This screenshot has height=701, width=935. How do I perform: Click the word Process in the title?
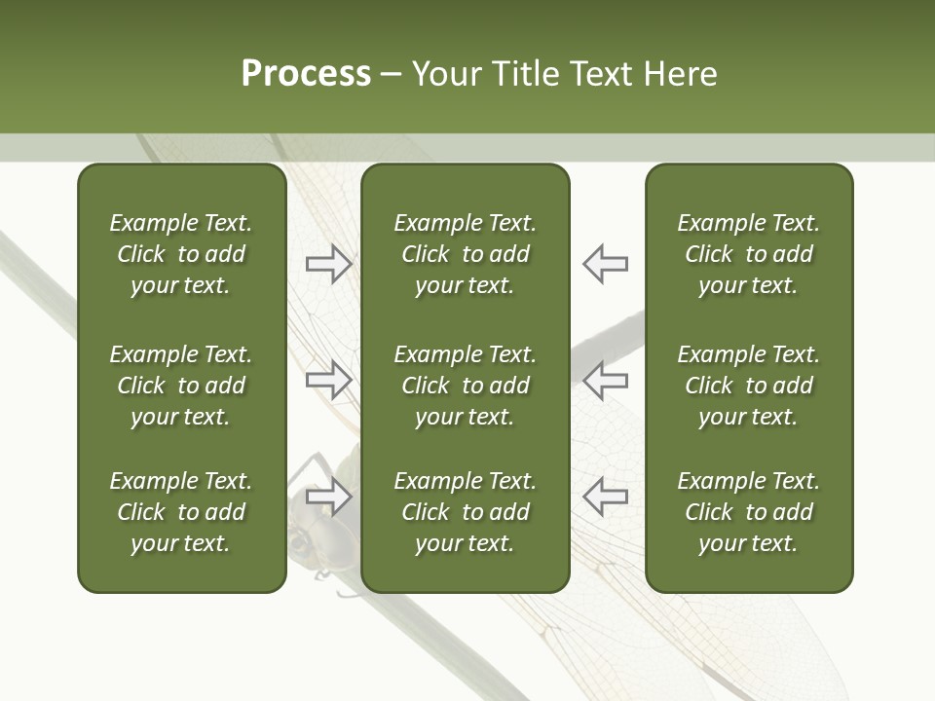click(306, 74)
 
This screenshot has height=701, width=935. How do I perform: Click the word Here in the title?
click(678, 74)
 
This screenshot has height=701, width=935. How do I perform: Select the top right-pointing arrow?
click(329, 264)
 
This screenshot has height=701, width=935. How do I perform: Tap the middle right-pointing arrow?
click(329, 380)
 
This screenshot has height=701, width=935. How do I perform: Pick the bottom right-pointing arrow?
click(329, 497)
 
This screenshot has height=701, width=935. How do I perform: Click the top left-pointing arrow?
click(605, 264)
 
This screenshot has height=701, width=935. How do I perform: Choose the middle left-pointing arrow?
click(605, 380)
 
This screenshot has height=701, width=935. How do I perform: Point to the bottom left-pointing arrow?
click(605, 497)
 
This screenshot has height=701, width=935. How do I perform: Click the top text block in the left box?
click(181, 254)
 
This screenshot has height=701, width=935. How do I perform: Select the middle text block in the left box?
click(181, 386)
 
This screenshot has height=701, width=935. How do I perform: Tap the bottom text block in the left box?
click(181, 512)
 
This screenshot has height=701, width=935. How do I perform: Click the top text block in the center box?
click(465, 254)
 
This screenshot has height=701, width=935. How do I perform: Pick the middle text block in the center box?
click(465, 386)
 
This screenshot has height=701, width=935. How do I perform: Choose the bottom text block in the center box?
click(465, 512)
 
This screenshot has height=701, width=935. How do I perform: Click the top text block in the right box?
click(748, 254)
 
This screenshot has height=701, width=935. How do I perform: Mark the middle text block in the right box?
click(748, 386)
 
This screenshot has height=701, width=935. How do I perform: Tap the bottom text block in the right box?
click(748, 512)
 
